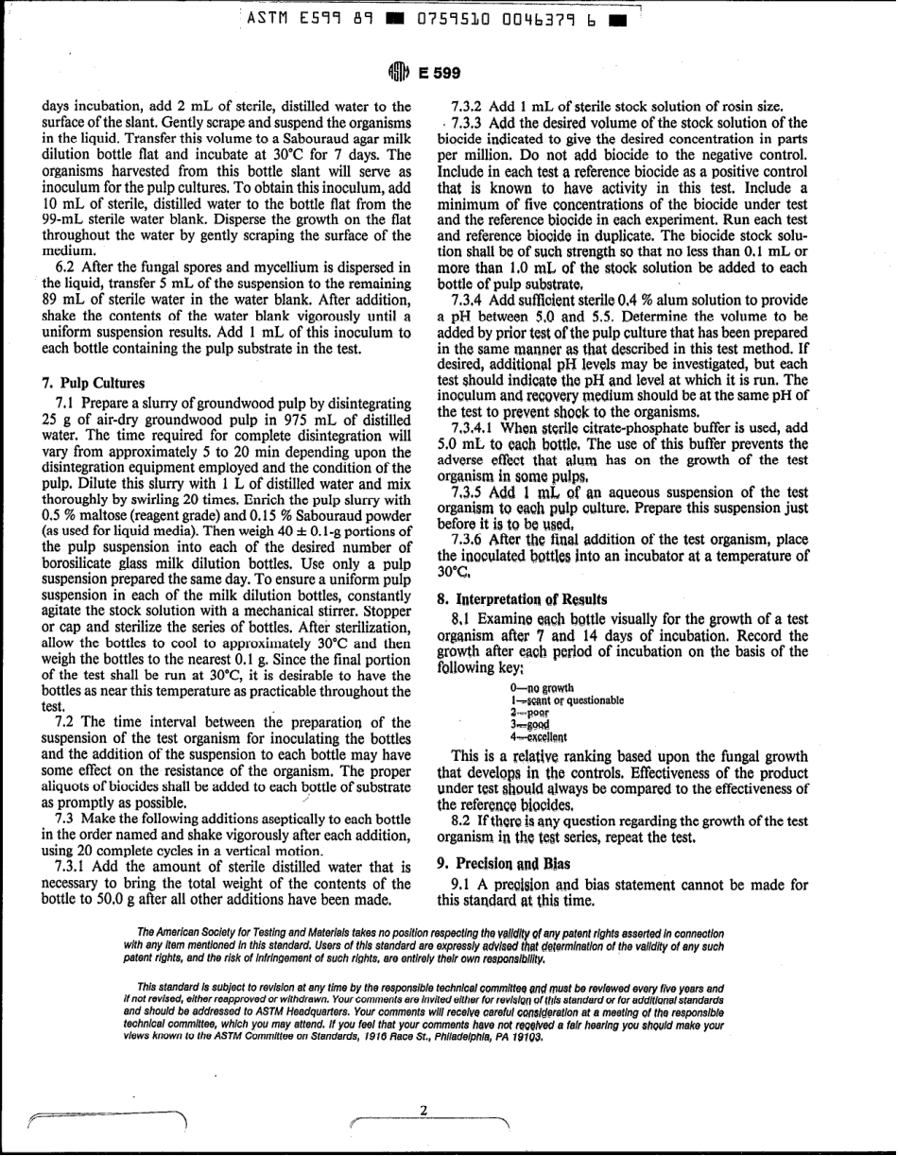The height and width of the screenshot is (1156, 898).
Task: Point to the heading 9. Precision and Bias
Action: click(x=497, y=862)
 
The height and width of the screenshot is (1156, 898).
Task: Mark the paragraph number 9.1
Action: click(x=465, y=885)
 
